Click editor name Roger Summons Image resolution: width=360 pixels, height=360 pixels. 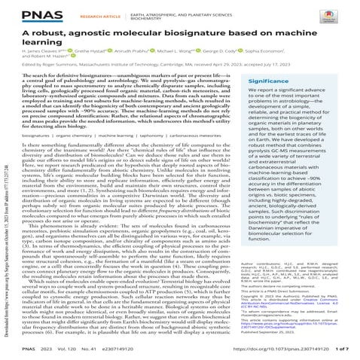point(72,73)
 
